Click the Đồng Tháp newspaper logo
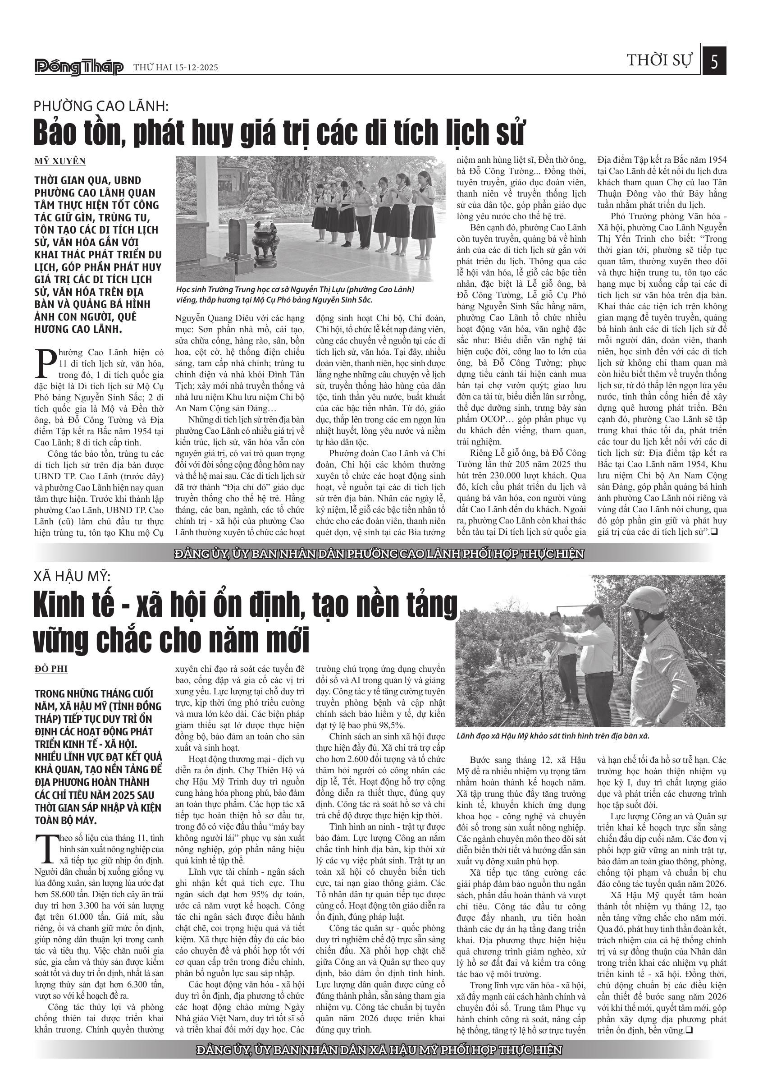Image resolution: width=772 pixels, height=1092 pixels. click(x=79, y=67)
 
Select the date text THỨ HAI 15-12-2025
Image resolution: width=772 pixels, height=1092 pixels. click(x=175, y=68)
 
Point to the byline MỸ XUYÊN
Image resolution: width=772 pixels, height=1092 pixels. click(x=60, y=161)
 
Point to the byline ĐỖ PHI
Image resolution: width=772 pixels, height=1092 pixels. click(x=51, y=669)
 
